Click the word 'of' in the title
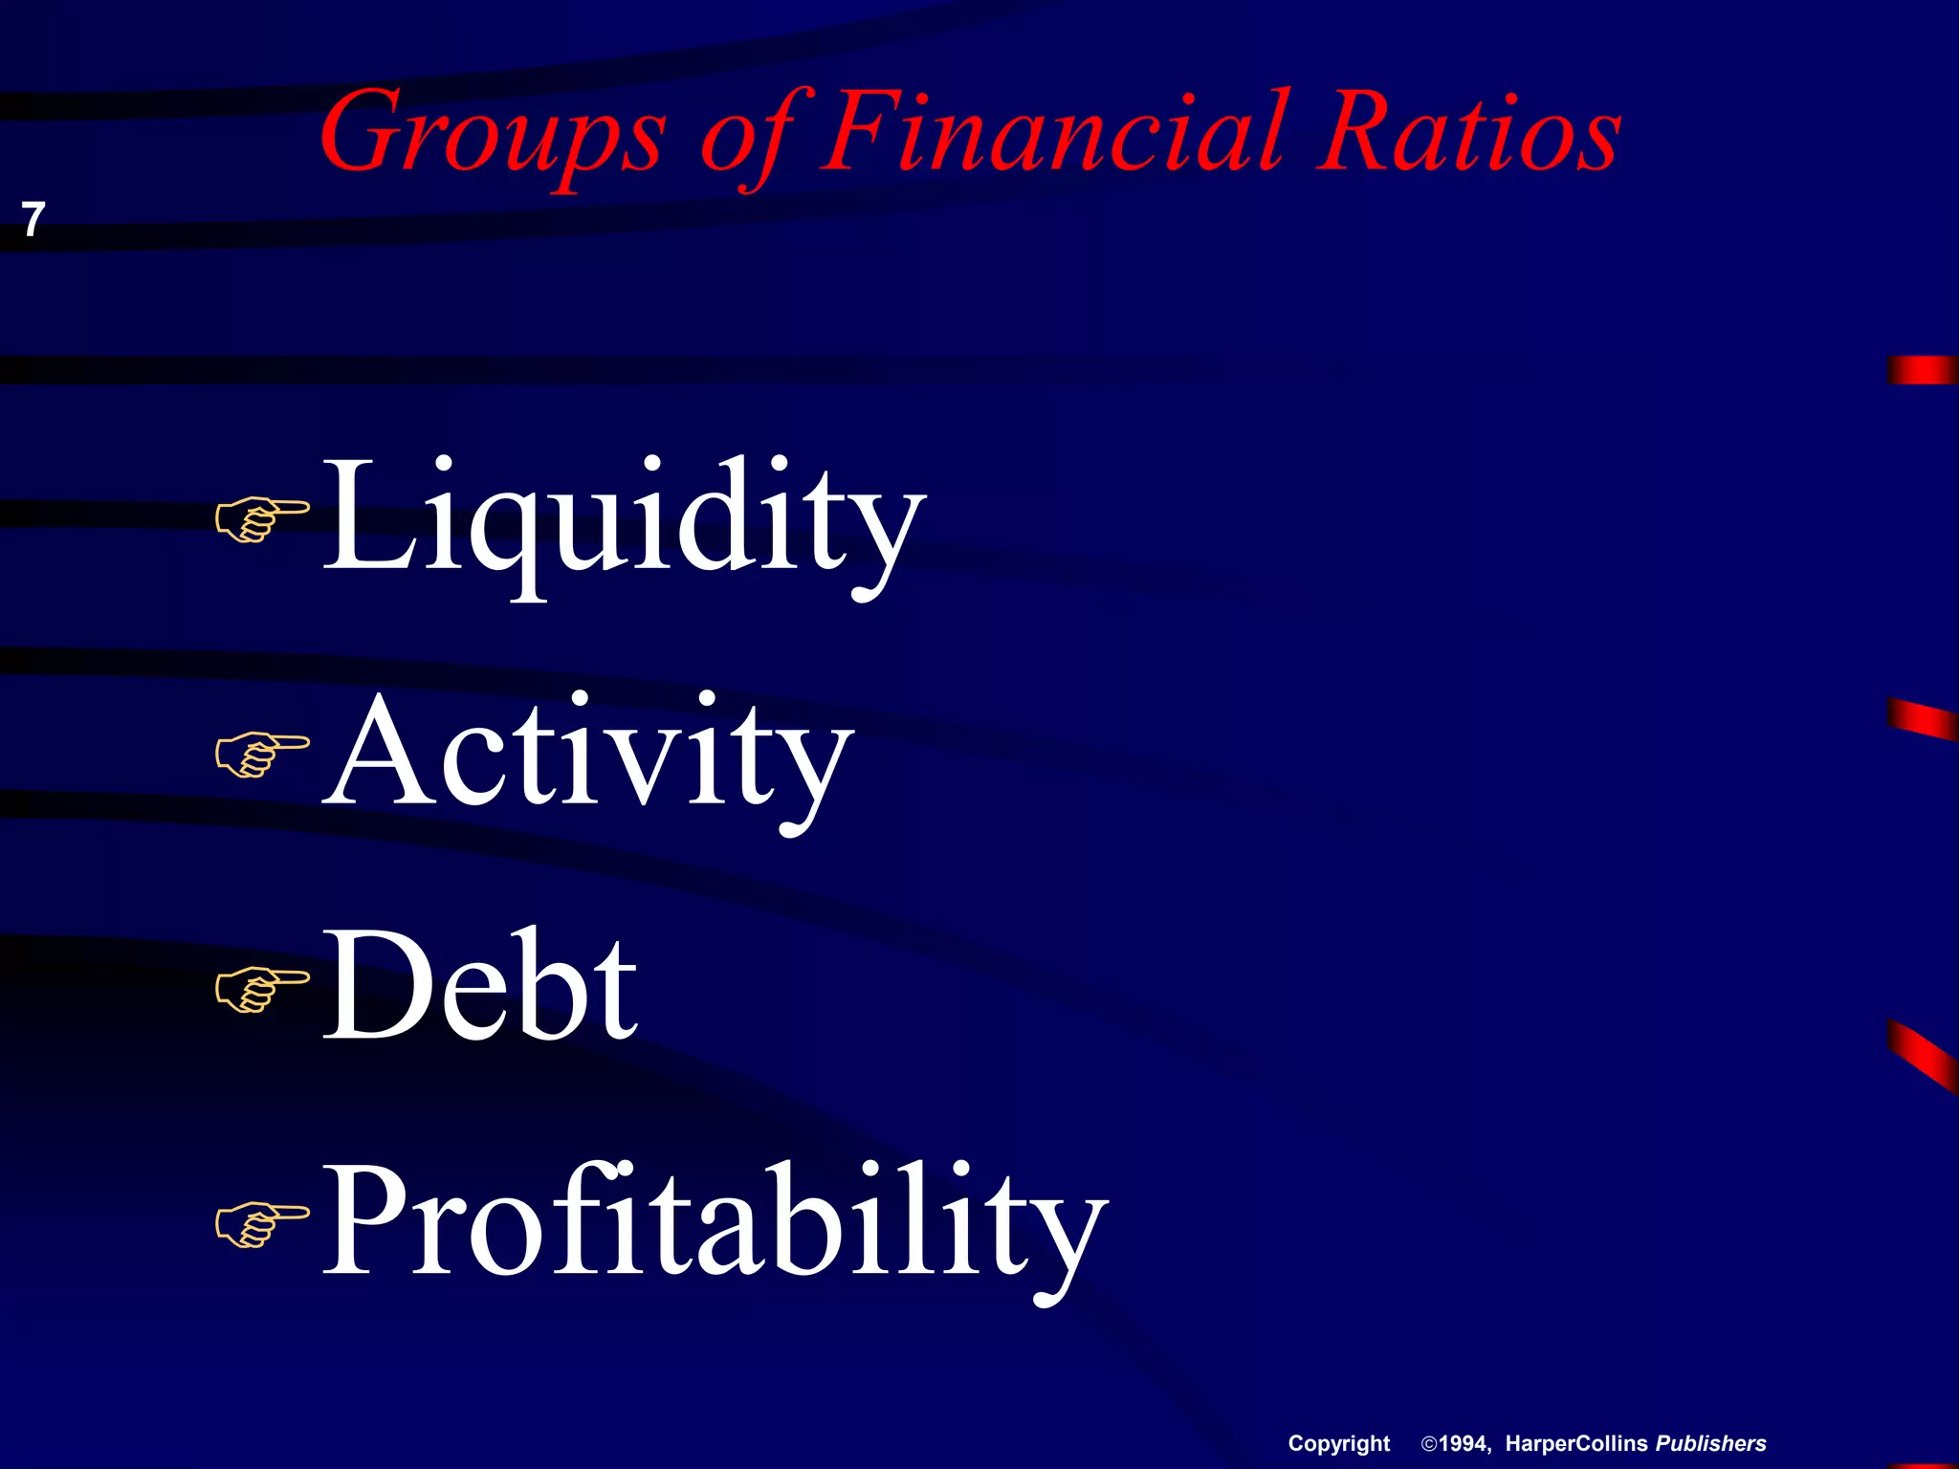(x=756, y=134)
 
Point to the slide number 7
(x=33, y=220)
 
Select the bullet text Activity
(x=587, y=755)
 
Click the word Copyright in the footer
(x=1338, y=1444)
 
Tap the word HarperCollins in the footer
(x=1576, y=1444)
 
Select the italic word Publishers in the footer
(x=1711, y=1444)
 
